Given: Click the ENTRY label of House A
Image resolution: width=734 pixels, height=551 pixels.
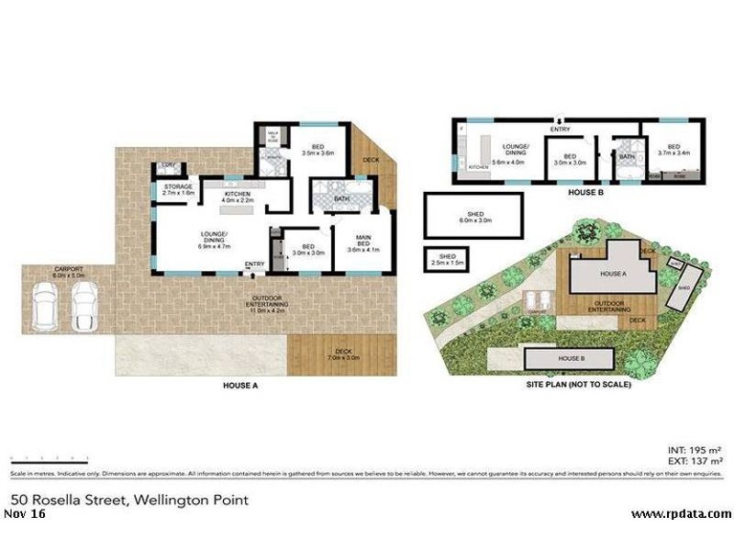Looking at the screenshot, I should [x=254, y=265].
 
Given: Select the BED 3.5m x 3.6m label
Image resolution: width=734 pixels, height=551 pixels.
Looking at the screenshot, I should [x=317, y=150].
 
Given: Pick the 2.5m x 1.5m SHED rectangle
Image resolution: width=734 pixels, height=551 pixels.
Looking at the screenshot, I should [x=447, y=259].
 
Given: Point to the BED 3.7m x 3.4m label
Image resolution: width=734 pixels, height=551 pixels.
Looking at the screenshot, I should [x=673, y=150].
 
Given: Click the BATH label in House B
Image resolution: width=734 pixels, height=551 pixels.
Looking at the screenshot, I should [x=628, y=157].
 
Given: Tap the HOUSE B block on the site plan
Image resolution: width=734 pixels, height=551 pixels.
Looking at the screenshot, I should [x=560, y=356].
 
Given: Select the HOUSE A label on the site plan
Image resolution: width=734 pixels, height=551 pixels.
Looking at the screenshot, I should [x=612, y=274].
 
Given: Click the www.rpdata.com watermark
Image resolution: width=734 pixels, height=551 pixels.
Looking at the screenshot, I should [x=682, y=513].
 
